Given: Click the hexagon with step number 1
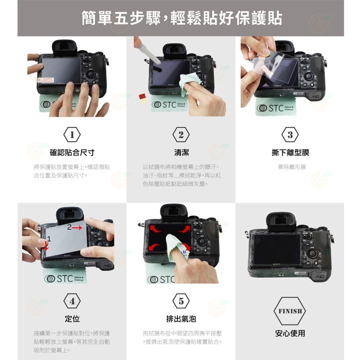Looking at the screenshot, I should click(71, 135).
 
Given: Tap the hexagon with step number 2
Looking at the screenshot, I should click(181, 135).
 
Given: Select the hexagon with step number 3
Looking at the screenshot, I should click(290, 135).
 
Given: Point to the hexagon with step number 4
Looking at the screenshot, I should click(71, 301).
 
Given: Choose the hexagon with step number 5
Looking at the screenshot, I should click(181, 301).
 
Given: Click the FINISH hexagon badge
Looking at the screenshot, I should click(290, 311).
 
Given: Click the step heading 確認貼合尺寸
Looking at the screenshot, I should click(71, 153).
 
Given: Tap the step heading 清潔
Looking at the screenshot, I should click(181, 153).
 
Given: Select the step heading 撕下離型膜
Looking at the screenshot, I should click(290, 153).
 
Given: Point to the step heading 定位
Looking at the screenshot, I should click(71, 319).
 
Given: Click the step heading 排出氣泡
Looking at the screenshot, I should click(181, 319).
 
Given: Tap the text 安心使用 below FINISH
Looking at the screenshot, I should click(290, 333).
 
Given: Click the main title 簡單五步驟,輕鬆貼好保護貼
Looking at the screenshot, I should click(181, 19).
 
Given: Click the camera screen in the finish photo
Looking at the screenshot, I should click(277, 249).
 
